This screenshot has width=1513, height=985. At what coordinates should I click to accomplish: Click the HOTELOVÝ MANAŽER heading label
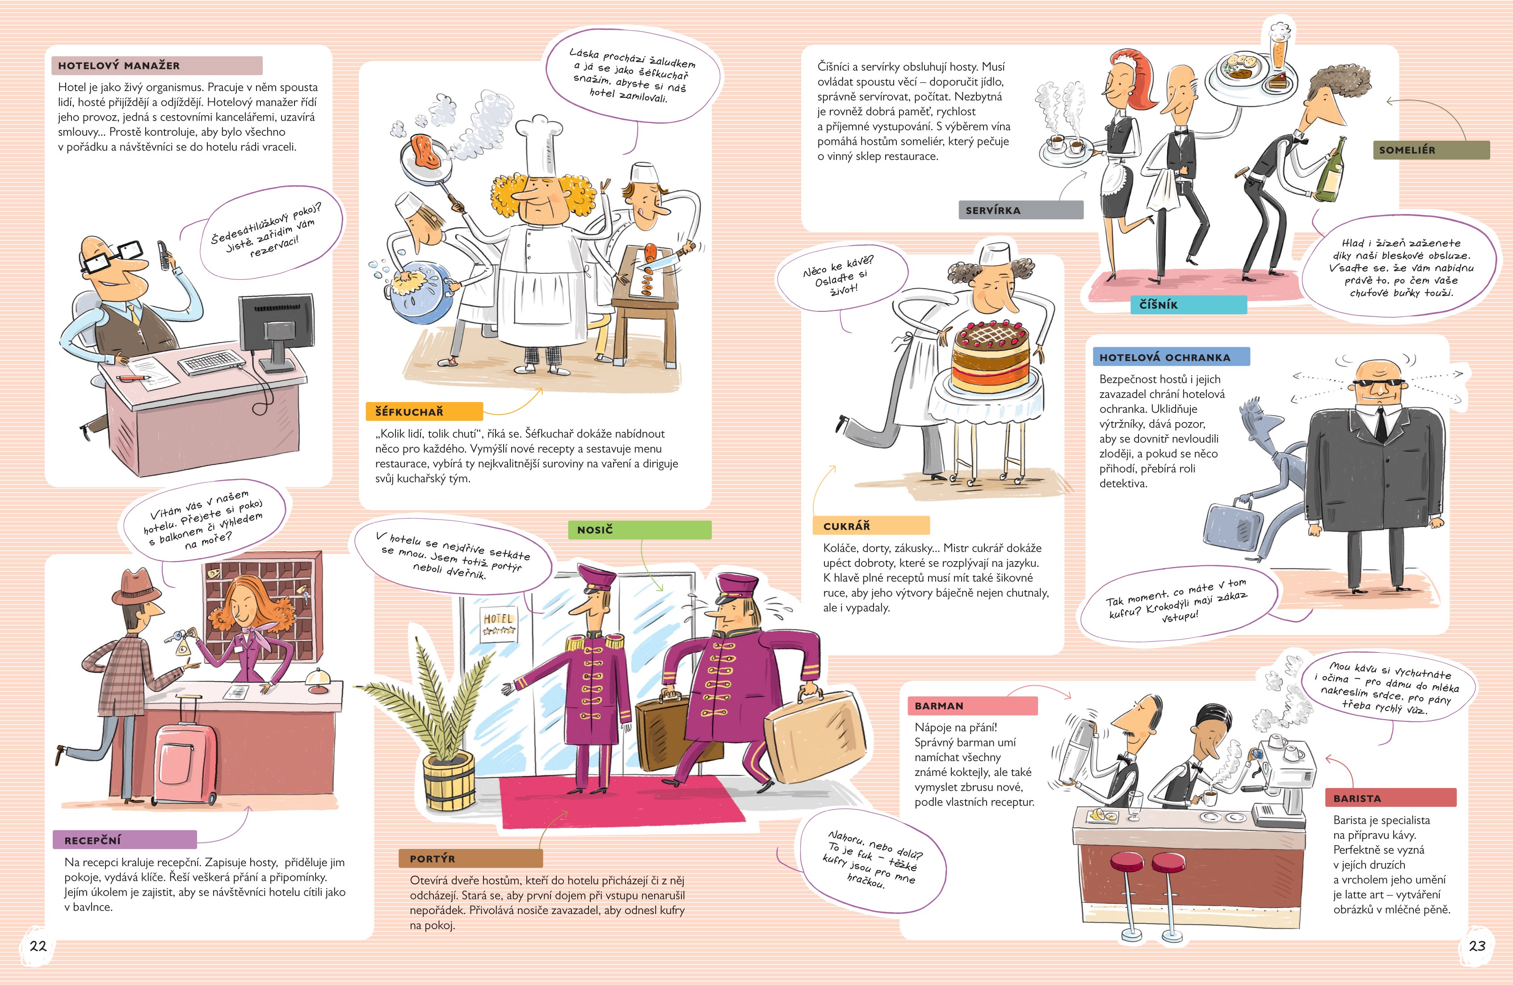click(156, 66)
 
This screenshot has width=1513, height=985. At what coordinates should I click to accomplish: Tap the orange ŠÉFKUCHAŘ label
click(424, 411)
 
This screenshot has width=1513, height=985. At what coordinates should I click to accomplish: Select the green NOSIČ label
click(639, 529)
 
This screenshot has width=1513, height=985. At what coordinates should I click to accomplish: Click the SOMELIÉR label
click(1431, 150)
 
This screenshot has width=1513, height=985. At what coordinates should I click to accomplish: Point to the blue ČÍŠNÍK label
click(1189, 305)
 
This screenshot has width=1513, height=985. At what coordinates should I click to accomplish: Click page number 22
click(38, 946)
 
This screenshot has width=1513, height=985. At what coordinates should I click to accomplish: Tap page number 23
click(1477, 946)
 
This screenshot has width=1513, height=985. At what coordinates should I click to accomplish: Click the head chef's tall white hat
click(540, 144)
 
